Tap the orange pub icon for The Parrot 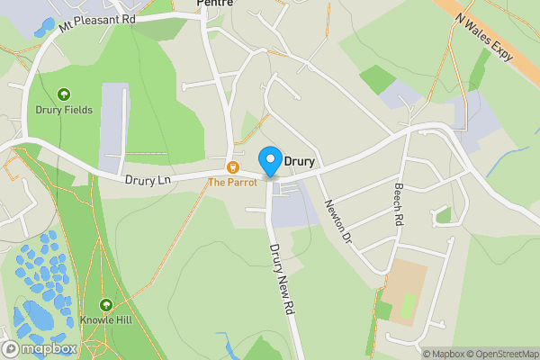coord(232,167)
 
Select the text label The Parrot coord(232,182)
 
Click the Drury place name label coord(299,162)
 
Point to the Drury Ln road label coord(148,180)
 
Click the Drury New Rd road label coord(282,279)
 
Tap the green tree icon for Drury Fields coord(64,94)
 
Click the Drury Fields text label coord(64,110)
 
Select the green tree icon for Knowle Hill coord(107,306)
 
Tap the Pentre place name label coord(214,4)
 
